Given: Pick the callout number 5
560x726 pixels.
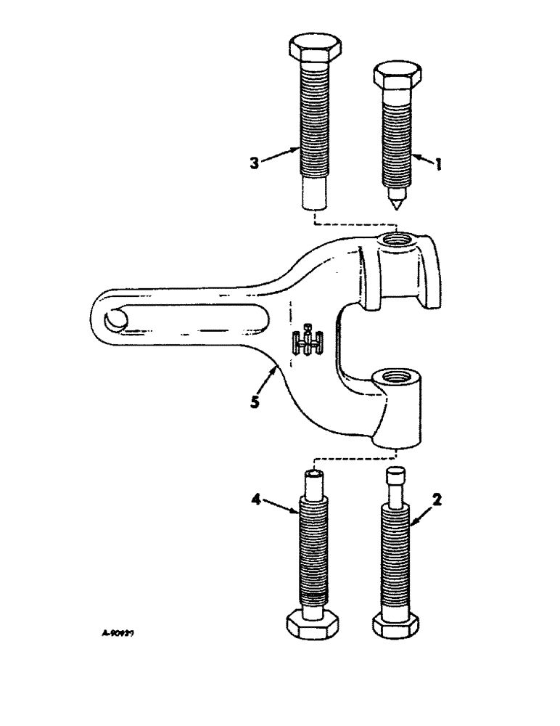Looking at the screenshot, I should (255, 401).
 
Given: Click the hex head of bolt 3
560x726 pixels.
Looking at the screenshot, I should (313, 49).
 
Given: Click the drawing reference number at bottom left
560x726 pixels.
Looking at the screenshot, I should (119, 632).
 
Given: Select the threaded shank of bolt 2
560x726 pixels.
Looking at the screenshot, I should (396, 552).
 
